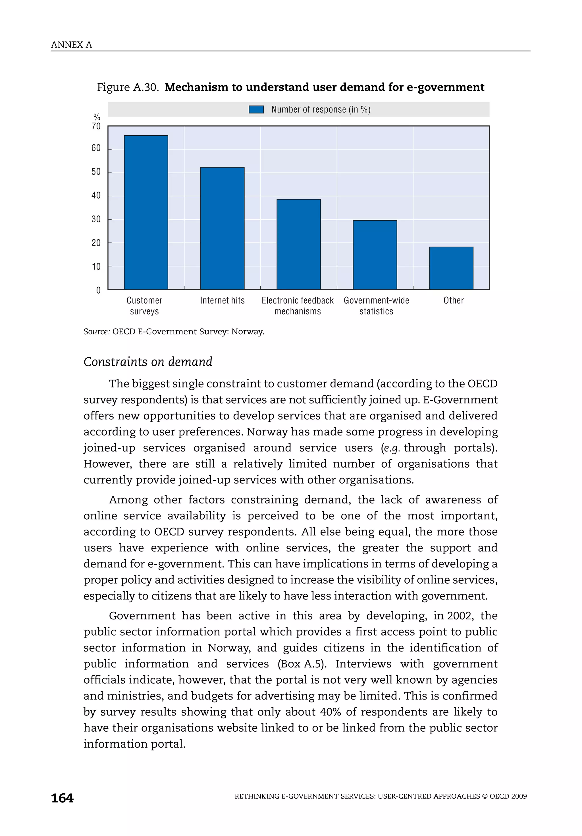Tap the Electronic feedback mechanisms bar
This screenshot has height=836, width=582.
298,244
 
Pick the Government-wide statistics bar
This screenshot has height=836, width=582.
375,255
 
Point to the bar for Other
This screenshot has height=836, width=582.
451,268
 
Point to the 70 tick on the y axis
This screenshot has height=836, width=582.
96,126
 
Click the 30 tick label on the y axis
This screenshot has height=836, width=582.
96,219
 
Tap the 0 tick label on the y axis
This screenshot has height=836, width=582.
98,290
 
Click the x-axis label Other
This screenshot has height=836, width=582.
454,300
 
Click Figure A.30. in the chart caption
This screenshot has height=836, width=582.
128,87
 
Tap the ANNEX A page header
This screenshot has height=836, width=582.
71,45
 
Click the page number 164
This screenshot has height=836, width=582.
62,798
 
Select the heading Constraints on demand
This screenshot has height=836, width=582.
148,362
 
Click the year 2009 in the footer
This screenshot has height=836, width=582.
519,796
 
